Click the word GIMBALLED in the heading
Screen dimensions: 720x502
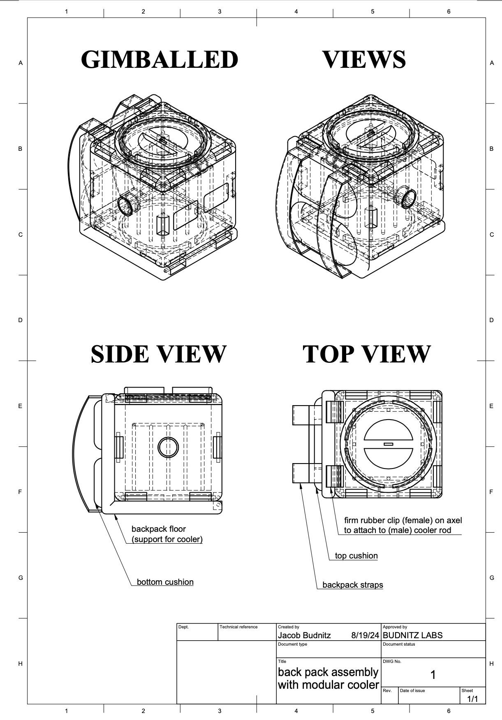coord(160,60)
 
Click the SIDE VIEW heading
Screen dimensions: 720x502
coord(158,354)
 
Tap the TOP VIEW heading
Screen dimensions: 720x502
coord(366,354)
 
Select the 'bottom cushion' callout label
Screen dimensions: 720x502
coord(165,582)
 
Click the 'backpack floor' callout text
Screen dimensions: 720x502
coord(159,529)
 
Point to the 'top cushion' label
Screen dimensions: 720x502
coord(356,556)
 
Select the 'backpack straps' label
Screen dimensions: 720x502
coord(352,585)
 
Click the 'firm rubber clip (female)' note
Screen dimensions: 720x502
coord(403,521)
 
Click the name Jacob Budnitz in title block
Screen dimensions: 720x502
coord(304,635)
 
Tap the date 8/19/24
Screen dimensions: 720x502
coord(365,635)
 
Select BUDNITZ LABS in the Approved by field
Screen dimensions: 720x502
coord(412,635)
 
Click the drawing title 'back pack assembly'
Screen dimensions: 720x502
coord(328,672)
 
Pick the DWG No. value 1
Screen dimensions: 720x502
coord(433,674)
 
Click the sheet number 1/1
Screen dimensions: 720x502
coord(472,699)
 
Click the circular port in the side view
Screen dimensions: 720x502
coord(168,447)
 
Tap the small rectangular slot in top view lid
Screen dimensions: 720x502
coord(388,444)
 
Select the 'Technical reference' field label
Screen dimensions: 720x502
coord(238,627)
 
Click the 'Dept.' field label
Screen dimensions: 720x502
coord(183,627)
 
